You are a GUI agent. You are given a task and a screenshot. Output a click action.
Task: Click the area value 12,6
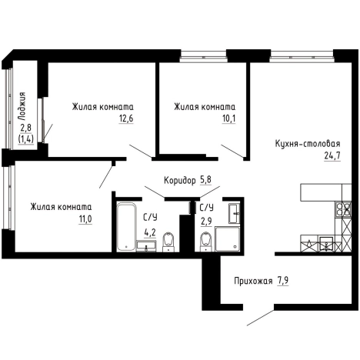coord(126,118)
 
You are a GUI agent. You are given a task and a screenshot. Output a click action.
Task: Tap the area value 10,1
coord(228,118)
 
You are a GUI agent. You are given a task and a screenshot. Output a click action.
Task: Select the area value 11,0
coord(85,219)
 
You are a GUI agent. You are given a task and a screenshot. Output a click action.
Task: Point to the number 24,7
coord(332,155)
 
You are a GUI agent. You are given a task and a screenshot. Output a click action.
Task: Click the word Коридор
coord(179,181)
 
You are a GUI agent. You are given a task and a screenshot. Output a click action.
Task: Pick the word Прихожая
coord(253,281)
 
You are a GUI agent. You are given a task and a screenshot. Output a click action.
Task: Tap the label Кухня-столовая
coord(308,143)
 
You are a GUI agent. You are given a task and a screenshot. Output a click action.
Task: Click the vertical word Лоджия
coord(22,106)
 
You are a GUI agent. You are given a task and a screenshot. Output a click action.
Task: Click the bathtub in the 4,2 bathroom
coord(126,227)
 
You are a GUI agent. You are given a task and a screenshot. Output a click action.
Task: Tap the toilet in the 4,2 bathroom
coord(168,242)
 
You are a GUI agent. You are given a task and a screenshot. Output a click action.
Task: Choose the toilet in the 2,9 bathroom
coord(206,241)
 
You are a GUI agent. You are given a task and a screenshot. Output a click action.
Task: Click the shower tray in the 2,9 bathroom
coord(228,238)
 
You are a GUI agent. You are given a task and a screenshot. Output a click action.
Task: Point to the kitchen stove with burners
coord(343,208)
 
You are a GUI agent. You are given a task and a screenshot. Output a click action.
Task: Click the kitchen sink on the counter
coord(326,243)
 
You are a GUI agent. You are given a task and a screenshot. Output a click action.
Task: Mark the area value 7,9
coord(282,281)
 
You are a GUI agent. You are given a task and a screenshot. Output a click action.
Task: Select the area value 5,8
coord(205,180)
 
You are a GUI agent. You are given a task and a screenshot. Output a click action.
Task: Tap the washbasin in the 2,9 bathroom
coord(235,213)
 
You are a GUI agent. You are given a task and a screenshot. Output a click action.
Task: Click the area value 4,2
coord(150,233)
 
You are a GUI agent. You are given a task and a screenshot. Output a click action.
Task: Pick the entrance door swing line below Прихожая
coord(261,318)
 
